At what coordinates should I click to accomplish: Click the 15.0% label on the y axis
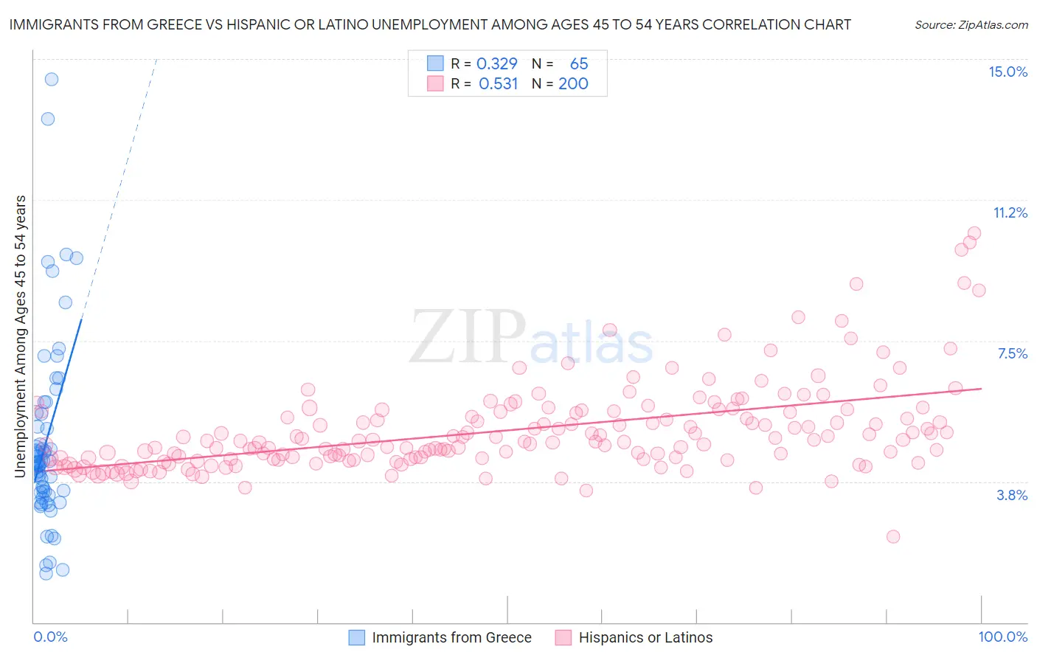1007,72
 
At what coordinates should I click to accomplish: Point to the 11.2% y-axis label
1010,212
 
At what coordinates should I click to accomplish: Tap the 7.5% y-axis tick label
1012,353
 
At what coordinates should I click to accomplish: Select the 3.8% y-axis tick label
1012,495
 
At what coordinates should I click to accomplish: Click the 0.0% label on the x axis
50,637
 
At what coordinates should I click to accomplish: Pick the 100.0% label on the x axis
1002,637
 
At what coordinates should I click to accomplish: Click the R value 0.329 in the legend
496,63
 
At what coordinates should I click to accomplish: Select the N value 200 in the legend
573,83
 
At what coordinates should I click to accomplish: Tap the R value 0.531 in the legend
498,83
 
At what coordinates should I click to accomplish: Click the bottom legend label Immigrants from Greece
451,637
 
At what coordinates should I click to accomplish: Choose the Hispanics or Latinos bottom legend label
645,637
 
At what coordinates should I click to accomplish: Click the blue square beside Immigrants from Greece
356,637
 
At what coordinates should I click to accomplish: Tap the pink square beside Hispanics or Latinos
563,637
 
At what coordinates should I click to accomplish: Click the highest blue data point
52,79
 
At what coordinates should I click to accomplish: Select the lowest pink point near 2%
893,536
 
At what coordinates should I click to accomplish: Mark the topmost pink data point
974,233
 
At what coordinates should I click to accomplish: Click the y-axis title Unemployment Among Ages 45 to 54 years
21,336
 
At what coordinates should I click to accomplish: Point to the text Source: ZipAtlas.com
971,25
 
